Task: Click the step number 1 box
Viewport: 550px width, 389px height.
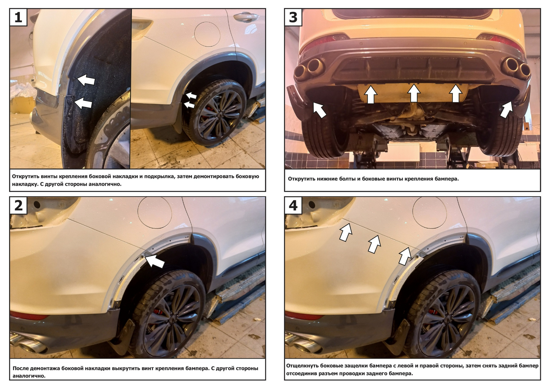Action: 18,17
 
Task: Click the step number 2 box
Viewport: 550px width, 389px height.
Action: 18,205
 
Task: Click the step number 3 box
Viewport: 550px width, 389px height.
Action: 293,17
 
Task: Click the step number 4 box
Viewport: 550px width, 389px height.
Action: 293,205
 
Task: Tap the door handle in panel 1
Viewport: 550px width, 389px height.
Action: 246,17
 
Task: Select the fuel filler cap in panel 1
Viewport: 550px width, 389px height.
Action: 207,34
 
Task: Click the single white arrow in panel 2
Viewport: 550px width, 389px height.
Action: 155,261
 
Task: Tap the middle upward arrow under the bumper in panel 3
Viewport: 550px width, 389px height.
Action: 414,93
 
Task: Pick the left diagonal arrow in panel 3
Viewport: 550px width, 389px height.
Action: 319,110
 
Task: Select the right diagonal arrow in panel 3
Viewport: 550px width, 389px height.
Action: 506,110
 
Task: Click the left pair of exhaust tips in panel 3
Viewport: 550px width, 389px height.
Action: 308,68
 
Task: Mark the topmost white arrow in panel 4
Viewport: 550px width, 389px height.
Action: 346,232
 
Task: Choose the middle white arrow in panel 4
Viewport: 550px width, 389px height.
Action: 374,244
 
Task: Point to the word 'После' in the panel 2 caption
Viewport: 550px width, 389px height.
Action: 21,368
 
